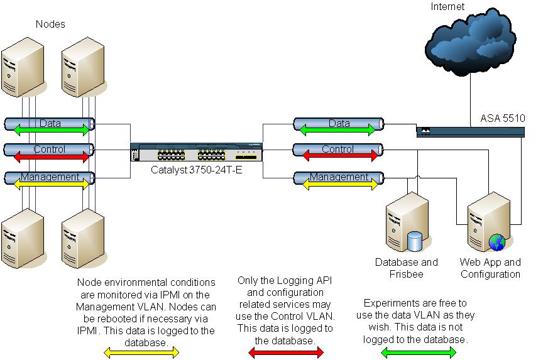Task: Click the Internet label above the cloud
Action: tap(447, 7)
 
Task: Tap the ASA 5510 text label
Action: tap(503, 118)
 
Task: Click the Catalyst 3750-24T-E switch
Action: tap(197, 153)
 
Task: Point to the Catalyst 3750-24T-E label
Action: tap(197, 170)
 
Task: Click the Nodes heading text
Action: tap(50, 25)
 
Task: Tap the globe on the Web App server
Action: tap(497, 242)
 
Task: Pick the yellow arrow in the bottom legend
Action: tap(141, 352)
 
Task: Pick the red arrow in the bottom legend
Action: tap(286, 352)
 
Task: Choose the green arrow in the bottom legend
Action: tap(419, 352)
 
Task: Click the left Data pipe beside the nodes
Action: tap(50, 124)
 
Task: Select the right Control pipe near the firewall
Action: tap(338, 151)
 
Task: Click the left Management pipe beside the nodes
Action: tap(50, 178)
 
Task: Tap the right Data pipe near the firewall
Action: tap(338, 124)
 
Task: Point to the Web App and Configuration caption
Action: tap(490, 268)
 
